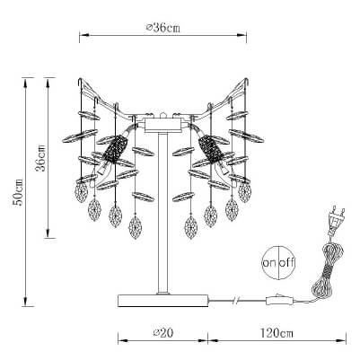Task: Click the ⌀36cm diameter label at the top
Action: [x=162, y=28]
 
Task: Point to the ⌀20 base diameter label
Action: [x=162, y=332]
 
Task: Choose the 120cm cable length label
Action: [x=277, y=332]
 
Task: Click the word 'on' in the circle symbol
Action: [x=269, y=264]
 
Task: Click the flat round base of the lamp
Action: [x=163, y=300]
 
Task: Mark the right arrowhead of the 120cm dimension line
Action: [x=343, y=340]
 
